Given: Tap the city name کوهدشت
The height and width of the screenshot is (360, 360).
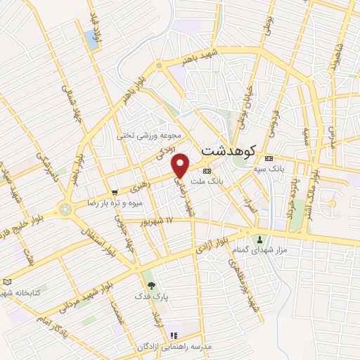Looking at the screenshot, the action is (229, 150).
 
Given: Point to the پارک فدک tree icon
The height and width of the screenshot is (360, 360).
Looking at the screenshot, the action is (148, 285).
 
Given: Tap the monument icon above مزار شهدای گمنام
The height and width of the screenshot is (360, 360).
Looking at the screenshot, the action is (262, 240).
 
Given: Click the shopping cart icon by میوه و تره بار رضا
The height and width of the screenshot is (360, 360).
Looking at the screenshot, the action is (114, 192).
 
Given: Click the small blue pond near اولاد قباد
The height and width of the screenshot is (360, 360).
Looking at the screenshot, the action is (91, 39).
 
